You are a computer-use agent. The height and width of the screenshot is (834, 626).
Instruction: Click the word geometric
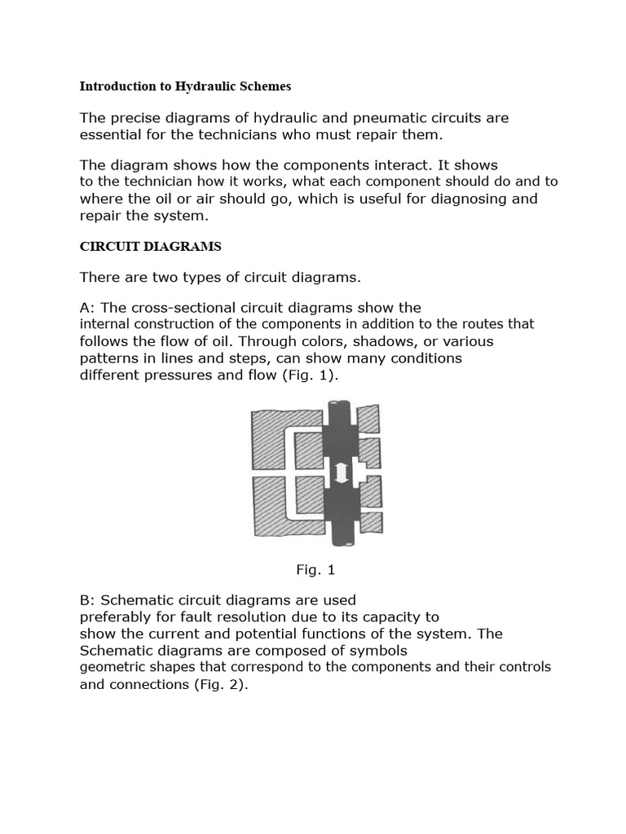tap(110, 667)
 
